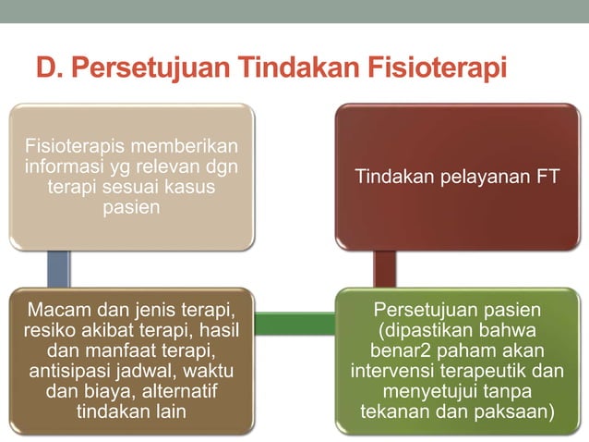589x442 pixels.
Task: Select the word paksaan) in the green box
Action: coord(516,411)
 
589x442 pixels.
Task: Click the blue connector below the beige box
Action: coord(57,269)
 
